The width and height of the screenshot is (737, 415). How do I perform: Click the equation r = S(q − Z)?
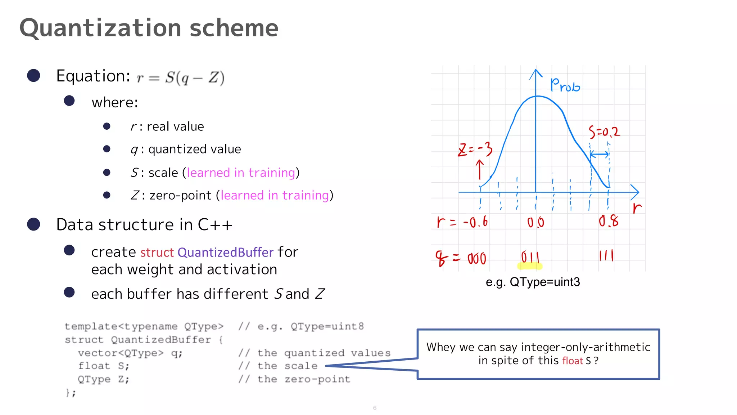point(180,77)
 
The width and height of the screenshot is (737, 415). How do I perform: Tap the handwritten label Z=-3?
point(475,149)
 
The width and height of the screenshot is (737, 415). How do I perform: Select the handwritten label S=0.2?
point(604,132)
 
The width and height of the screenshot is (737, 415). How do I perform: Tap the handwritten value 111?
point(606,256)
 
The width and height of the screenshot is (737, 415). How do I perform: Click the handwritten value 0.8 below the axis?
point(609,221)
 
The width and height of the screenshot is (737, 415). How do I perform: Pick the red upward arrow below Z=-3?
point(479,169)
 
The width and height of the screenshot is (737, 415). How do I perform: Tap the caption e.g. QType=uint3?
point(533,282)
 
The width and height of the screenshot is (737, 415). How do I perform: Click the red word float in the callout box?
point(572,361)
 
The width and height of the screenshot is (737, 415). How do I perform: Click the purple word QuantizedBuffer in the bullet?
point(225,252)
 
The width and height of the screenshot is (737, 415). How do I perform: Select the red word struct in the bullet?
point(157,252)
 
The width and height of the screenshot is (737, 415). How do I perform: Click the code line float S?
point(104,366)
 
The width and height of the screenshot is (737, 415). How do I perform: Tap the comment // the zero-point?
point(294,379)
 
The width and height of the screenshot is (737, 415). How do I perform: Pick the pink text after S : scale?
point(241,173)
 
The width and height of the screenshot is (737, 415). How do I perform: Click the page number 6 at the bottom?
point(375,408)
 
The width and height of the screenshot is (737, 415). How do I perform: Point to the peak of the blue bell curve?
point(537,96)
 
